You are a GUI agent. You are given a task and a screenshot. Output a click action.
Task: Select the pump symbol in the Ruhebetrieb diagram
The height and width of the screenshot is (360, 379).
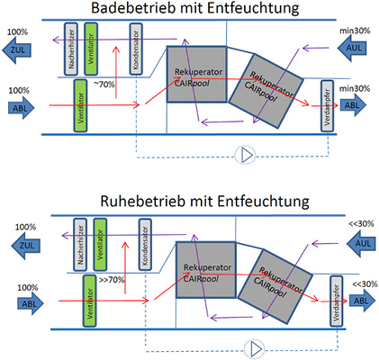(x=257, y=345)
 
